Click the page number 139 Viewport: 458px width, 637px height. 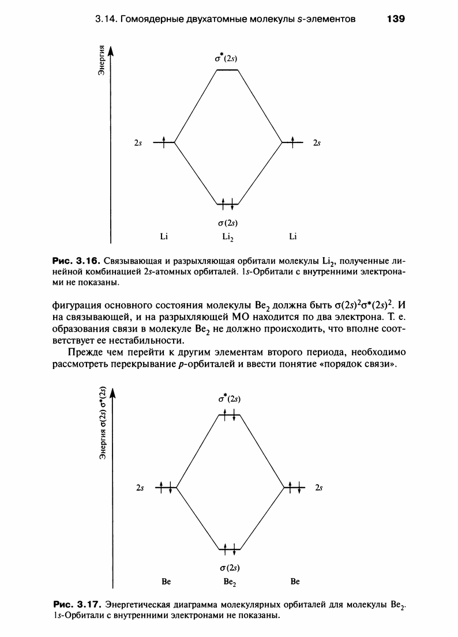point(396,19)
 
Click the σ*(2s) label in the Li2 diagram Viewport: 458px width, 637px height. point(226,58)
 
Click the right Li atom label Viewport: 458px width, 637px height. point(294,236)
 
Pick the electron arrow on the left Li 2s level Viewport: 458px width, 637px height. point(164,141)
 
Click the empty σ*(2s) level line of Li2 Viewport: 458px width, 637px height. point(227,70)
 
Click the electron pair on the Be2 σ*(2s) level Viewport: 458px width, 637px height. point(230,414)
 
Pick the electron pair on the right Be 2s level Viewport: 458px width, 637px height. point(295,488)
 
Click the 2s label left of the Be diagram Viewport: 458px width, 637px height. point(139,488)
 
